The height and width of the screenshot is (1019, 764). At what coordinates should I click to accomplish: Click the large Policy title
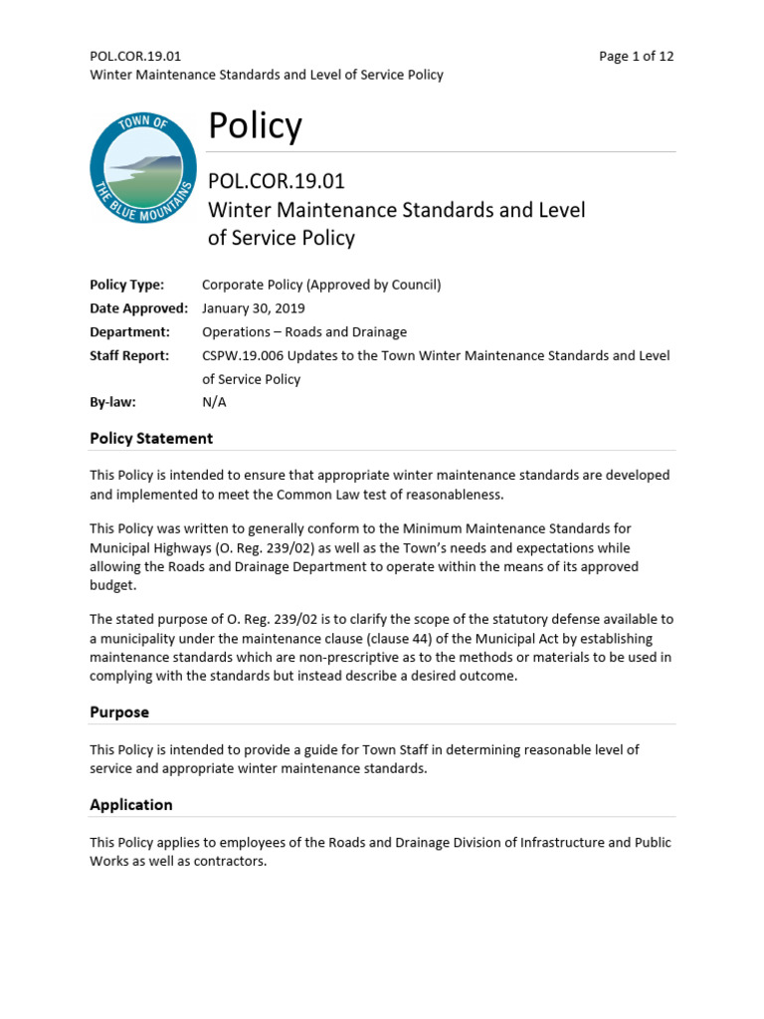point(254,126)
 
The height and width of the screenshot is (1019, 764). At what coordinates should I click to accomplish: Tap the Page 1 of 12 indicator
point(636,56)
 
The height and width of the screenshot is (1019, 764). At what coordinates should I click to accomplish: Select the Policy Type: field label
point(126,285)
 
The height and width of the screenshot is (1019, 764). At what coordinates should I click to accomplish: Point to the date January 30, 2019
point(253,308)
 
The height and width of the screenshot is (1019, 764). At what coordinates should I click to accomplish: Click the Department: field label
point(129,332)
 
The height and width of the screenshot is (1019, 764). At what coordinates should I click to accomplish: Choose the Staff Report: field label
point(129,355)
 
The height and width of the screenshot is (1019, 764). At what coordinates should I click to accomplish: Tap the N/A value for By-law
point(214,403)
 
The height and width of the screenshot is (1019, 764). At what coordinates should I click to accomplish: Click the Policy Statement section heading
point(151,438)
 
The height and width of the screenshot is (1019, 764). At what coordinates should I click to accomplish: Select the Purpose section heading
point(119,713)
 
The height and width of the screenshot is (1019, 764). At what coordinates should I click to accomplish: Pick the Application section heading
point(131,804)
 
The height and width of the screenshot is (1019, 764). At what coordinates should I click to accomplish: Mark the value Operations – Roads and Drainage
point(303,332)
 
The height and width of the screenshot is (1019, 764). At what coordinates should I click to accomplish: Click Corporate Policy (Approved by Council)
point(320,285)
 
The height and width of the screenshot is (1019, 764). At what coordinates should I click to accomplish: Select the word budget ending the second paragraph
point(110,586)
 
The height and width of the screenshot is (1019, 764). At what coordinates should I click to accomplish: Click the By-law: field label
point(112,403)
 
